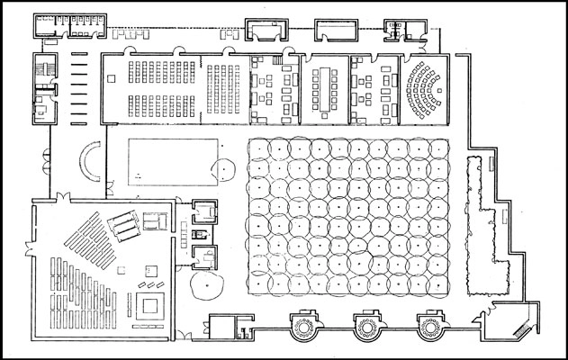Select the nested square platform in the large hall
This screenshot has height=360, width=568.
pyautogui.click(x=149, y=300)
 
